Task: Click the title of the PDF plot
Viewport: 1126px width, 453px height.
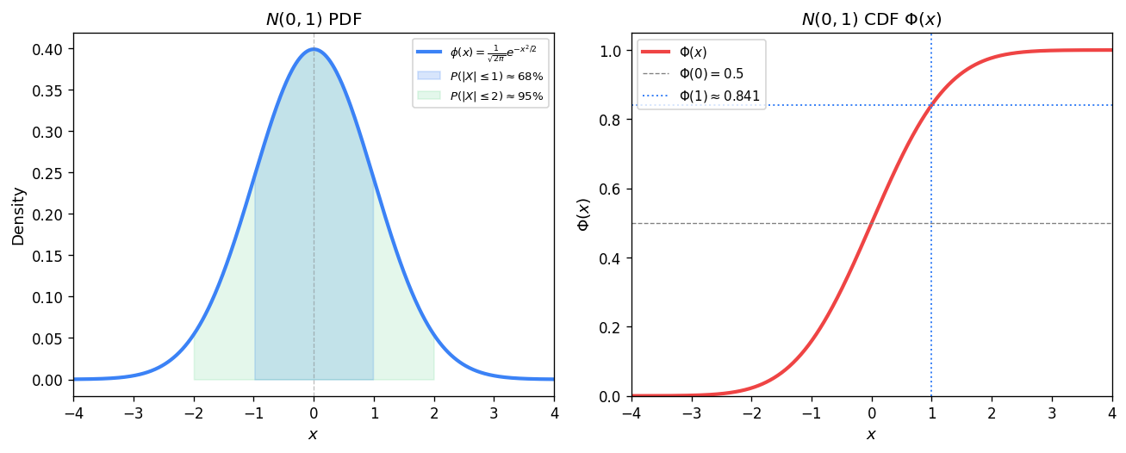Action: click(314, 19)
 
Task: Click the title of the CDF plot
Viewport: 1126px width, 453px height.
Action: click(871, 19)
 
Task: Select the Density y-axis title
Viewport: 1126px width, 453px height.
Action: click(18, 215)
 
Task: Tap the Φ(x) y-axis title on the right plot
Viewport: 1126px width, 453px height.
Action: click(583, 215)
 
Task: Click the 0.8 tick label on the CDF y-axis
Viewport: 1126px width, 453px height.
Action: click(611, 120)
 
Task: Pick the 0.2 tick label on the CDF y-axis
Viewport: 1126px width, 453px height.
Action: click(611, 327)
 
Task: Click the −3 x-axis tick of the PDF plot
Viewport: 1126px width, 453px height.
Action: click(133, 412)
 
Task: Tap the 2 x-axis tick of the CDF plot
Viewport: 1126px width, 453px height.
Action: click(992, 412)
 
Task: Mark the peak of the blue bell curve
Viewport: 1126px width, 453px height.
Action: click(314, 48)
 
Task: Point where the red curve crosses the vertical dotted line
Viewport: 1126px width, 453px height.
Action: click(931, 106)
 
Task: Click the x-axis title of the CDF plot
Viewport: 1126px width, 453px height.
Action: click(871, 435)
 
